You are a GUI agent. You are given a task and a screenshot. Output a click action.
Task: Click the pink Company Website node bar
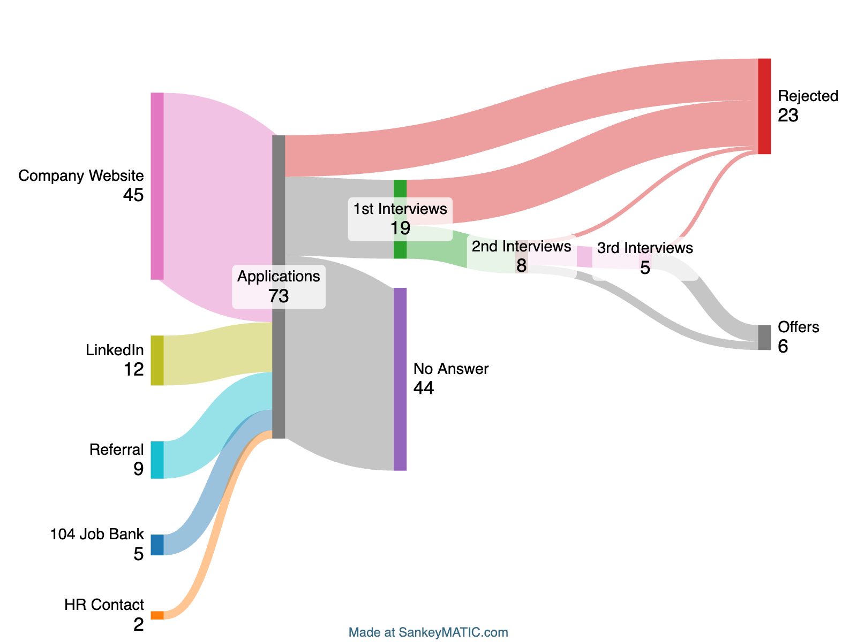coord(157,186)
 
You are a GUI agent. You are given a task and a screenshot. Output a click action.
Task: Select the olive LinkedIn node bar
coord(157,360)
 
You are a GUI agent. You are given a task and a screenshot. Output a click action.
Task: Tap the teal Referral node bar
coord(157,460)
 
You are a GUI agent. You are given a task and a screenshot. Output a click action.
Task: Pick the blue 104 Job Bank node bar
coord(157,545)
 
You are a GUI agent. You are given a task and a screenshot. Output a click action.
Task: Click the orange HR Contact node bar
coord(157,615)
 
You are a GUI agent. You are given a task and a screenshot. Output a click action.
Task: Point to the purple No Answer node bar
coord(400,379)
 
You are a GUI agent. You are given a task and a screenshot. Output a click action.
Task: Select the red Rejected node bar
coord(764,106)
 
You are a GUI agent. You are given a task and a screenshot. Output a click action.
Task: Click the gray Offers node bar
coord(764,338)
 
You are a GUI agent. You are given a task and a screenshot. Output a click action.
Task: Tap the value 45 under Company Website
coord(133,195)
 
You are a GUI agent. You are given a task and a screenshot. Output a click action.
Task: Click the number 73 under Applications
coord(279,296)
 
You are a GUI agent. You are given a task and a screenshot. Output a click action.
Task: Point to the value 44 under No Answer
coord(424,388)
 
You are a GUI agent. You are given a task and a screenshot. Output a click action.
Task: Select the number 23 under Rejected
coord(788,116)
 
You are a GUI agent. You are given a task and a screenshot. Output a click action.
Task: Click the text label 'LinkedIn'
coord(115,350)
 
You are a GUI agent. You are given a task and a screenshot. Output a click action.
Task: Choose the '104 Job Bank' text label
coord(97,534)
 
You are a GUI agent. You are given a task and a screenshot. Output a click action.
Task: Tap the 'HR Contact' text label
coord(104,605)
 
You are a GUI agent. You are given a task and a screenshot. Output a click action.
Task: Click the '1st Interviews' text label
coord(400,209)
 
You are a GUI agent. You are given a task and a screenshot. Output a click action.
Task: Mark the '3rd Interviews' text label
coord(645,248)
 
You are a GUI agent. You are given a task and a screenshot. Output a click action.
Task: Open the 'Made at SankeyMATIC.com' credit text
coord(428,632)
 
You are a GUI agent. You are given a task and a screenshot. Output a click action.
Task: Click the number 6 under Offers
coord(783,347)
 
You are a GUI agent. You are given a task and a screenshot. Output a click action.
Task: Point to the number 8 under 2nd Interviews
coord(521,266)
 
